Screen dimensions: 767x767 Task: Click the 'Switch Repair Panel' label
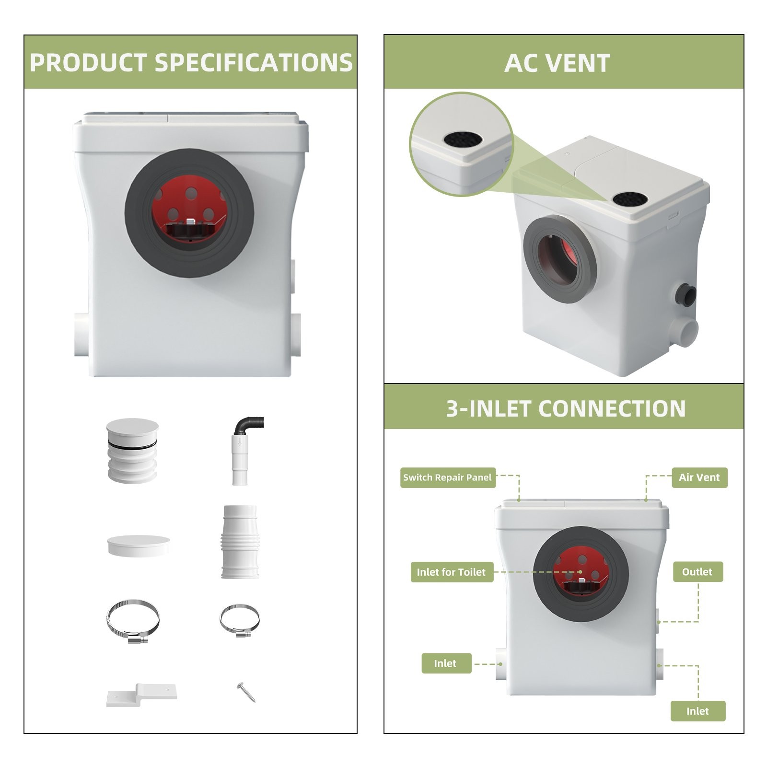(447, 477)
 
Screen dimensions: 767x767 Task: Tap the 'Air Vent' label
(699, 477)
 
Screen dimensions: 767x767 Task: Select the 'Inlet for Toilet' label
(451, 572)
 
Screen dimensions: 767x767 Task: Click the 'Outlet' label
(697, 572)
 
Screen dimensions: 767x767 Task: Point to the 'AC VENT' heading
(557, 63)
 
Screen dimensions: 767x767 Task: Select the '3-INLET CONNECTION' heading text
(566, 409)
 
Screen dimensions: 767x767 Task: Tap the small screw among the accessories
(246, 692)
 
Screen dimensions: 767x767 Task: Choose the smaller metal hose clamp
(239, 620)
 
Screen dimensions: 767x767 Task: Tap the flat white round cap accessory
(139, 546)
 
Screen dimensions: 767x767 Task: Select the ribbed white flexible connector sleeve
(240, 542)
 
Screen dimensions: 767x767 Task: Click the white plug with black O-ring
(132, 450)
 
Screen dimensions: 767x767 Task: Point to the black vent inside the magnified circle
(462, 139)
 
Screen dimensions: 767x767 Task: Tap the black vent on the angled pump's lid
(630, 199)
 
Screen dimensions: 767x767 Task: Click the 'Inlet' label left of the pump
(445, 663)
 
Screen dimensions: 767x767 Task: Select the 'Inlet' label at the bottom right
(697, 711)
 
